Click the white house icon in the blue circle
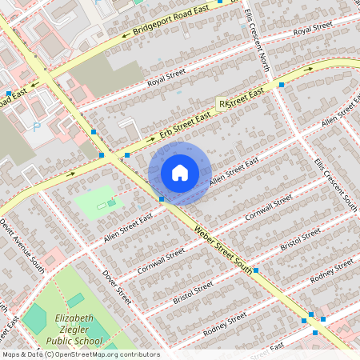point(180,173)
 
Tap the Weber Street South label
point(223,250)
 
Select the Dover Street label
point(116,286)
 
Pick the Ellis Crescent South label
point(335,183)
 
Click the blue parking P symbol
point(35,126)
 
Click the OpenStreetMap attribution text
point(80,354)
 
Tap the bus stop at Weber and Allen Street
point(162,198)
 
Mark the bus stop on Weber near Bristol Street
point(256,271)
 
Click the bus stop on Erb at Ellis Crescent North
point(282,83)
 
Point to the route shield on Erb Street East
point(223,104)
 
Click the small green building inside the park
point(102,206)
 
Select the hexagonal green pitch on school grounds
point(34,319)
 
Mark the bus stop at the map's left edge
point(8,94)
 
